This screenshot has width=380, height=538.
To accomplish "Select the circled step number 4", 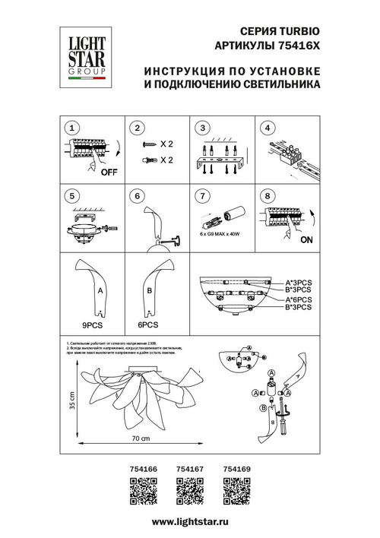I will coord(268,128).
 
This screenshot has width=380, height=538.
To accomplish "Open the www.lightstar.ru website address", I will coord(190,523).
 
